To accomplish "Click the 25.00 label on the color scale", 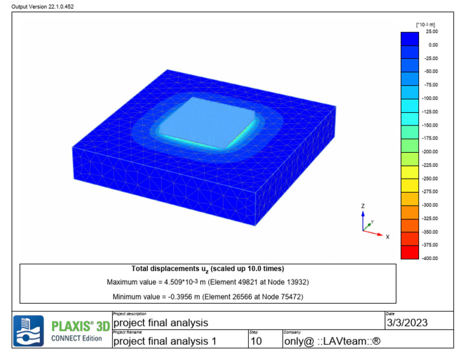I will point(432,31).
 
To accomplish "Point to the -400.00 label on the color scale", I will point(430,258).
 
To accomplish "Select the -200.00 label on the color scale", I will point(430,152).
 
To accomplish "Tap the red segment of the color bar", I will point(409,252).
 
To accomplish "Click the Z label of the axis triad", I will point(363,206).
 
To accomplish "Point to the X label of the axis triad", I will point(387,236).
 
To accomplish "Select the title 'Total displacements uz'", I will point(208,268).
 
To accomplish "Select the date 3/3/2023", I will point(407,323).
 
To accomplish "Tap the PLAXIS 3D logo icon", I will point(28,331).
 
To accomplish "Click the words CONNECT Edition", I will point(76,338).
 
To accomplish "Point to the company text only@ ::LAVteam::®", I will point(332,341).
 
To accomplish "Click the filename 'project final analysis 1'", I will point(165,341).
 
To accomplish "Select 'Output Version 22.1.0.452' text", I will point(40,6).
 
